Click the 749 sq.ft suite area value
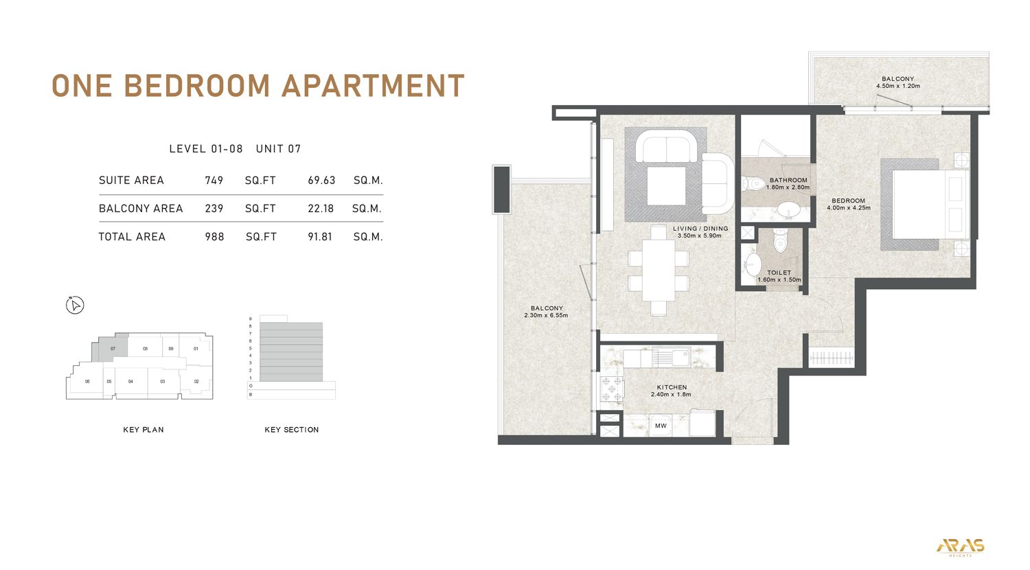(x=214, y=181)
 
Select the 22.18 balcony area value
(x=321, y=209)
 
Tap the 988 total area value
(x=214, y=237)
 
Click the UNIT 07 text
(x=278, y=149)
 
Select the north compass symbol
(x=75, y=305)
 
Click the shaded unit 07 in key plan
(x=113, y=349)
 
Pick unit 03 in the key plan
(x=163, y=381)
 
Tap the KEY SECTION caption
(x=292, y=430)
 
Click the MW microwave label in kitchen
(x=661, y=426)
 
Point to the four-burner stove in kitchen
(x=611, y=389)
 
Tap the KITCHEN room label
(x=672, y=387)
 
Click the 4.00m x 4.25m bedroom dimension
(x=849, y=207)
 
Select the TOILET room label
(x=779, y=273)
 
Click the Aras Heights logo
(x=960, y=547)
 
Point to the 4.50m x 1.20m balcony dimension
(x=897, y=87)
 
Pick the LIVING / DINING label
(x=700, y=229)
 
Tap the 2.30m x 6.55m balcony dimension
(x=546, y=315)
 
